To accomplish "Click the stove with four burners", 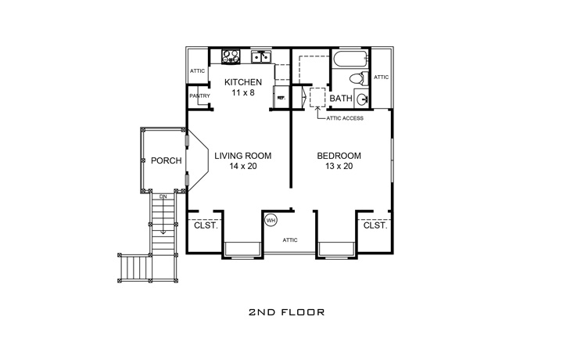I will click(231, 56).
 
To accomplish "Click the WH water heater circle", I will click(271, 220).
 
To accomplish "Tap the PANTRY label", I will click(199, 96).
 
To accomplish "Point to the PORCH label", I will click(166, 160).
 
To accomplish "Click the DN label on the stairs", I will click(163, 196).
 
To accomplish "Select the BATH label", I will click(340, 99).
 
